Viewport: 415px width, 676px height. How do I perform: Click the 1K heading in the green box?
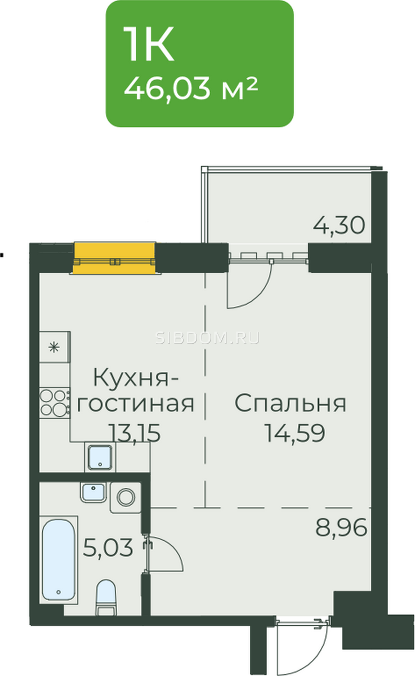(149, 44)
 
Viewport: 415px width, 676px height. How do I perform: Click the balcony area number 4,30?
(339, 226)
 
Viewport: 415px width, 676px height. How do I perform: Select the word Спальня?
(290, 403)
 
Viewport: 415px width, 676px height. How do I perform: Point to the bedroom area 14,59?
(295, 433)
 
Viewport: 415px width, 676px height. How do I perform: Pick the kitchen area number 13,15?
(135, 433)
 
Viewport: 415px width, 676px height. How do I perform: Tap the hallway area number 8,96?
(341, 527)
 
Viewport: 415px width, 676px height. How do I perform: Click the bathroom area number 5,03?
(108, 548)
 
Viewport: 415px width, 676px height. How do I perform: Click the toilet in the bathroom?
(106, 597)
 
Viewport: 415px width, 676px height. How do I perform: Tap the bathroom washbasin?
(93, 492)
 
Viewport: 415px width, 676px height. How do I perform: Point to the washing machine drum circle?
(126, 497)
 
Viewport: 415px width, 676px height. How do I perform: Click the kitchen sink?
(100, 457)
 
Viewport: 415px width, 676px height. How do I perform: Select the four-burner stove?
(55, 403)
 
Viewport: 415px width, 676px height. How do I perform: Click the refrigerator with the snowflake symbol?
(55, 347)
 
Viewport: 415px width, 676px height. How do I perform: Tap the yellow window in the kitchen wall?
(114, 258)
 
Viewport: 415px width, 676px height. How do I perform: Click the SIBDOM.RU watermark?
(207, 338)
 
